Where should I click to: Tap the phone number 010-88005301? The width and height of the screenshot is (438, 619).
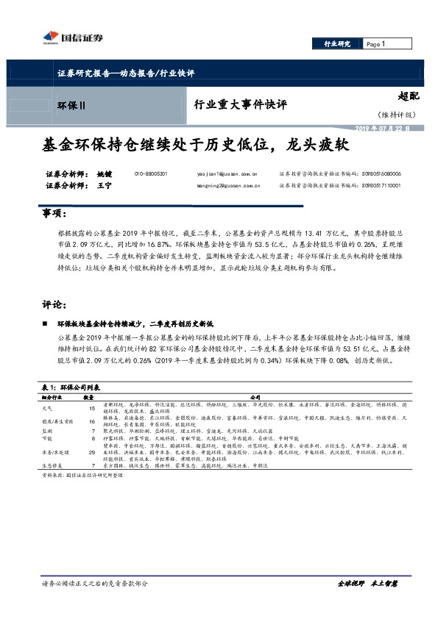tap(151, 173)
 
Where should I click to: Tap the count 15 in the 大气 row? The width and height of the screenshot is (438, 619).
tap(93, 407)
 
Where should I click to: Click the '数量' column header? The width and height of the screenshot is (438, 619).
tap(93, 397)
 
